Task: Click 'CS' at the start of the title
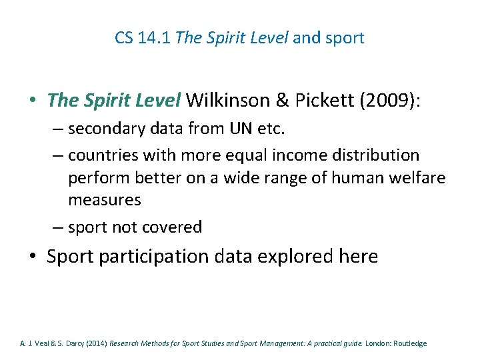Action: click(123, 38)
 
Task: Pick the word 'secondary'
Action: click(105, 128)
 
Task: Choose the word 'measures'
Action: click(105, 200)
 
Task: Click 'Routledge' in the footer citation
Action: click(409, 343)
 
